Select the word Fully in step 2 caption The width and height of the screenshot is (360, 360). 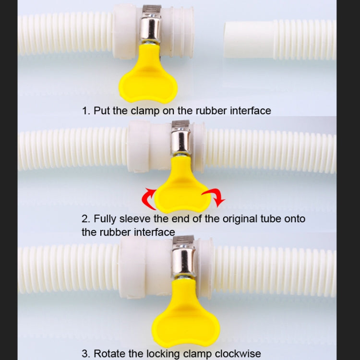(105, 219)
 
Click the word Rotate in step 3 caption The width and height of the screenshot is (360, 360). (109, 354)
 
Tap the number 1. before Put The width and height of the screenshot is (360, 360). (86, 111)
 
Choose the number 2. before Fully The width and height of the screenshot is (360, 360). (86, 219)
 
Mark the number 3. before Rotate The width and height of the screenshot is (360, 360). (86, 354)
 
